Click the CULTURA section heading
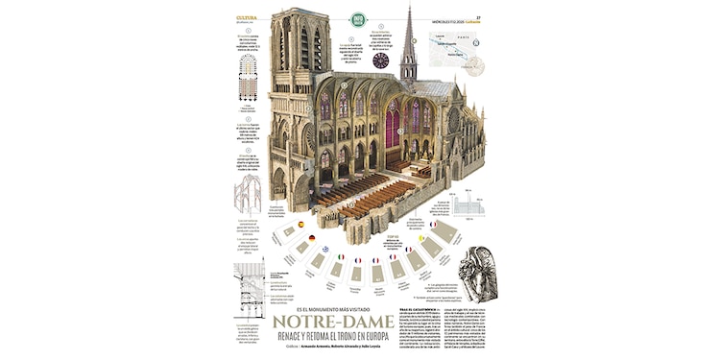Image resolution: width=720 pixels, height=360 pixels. click(246, 16)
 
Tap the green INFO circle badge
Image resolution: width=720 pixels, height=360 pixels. click(358, 18)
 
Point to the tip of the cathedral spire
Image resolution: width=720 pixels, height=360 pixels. click(409, 8)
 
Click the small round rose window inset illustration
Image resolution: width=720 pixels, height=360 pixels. click(381, 60)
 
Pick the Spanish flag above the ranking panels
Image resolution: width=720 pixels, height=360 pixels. click(300, 224)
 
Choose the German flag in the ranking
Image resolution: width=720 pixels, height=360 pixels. click(312, 237)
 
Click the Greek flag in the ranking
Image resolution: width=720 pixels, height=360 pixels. click(325, 248)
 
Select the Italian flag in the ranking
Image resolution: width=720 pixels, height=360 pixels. click(340, 256)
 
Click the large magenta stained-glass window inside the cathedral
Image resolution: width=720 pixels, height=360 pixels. click(392, 124)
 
